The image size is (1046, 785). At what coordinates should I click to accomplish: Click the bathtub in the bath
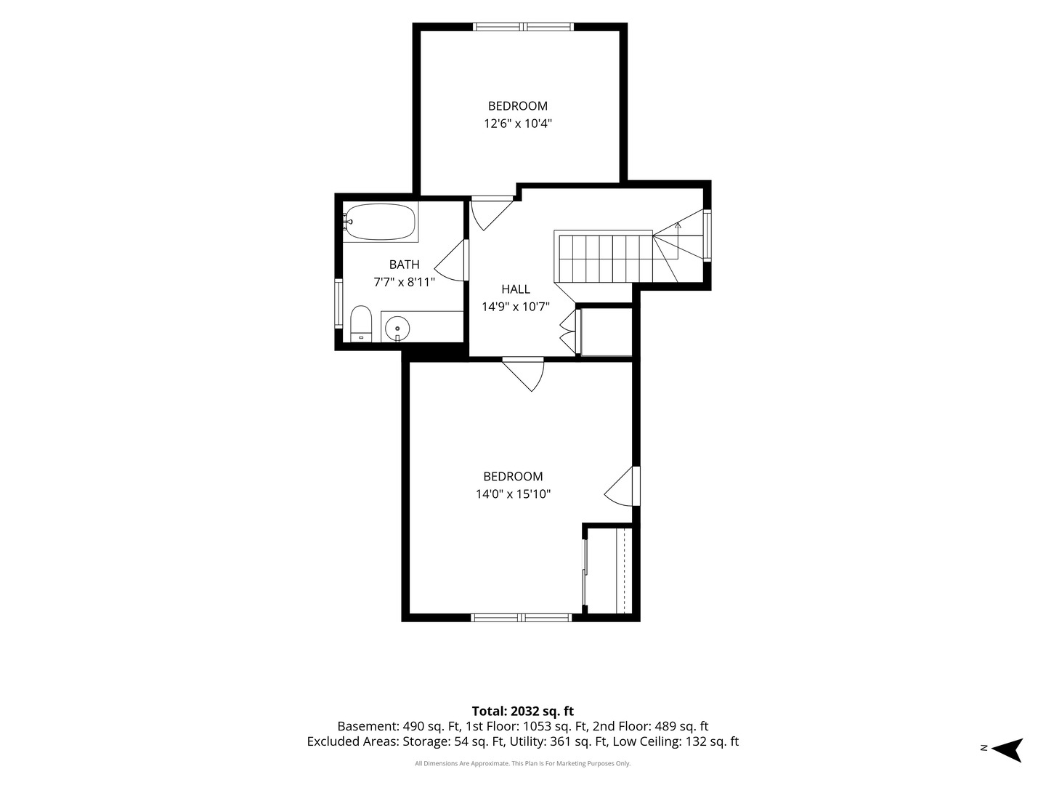coord(380,222)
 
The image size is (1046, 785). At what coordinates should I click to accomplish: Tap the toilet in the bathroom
coord(361,324)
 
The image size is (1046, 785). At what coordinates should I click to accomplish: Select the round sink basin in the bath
coord(397,329)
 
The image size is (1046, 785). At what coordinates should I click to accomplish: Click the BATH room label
coord(404,265)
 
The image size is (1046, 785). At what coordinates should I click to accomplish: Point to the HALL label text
coord(516,289)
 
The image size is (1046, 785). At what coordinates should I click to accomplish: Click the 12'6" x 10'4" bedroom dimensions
coord(518,124)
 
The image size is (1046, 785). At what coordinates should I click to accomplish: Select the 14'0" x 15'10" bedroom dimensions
coord(514,494)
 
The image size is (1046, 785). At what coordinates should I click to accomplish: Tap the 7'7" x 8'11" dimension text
coord(404,283)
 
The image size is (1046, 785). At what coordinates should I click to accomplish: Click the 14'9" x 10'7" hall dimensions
coord(516,307)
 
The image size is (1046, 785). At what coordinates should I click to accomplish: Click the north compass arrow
coord(1009,751)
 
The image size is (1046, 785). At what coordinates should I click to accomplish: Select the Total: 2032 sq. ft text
coord(523,712)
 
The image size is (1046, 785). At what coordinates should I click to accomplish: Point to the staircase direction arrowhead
coord(678,225)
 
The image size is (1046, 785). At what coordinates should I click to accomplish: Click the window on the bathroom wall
coord(338,304)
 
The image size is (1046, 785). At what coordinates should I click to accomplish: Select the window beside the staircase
coord(708,235)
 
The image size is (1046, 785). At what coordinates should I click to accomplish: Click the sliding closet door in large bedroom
coord(585,572)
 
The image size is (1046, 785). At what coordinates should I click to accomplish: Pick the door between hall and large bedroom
coord(523,374)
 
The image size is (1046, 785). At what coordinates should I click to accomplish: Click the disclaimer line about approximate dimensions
coord(523,763)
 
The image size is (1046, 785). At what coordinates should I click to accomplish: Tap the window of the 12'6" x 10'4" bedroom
coord(523,27)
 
